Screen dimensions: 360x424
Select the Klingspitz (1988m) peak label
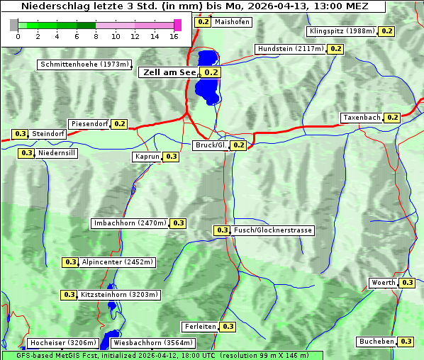pos(342,31)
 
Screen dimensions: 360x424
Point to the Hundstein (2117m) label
pos(291,49)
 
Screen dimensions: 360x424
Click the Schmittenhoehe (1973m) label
pos(84,64)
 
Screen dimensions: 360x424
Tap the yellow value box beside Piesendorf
pos(119,124)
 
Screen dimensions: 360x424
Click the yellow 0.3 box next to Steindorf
pos(20,134)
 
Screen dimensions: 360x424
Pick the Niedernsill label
pos(57,153)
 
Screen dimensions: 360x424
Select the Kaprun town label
pos(147,157)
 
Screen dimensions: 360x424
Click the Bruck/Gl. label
pos(211,145)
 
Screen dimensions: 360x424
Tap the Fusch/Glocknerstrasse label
pos(272,230)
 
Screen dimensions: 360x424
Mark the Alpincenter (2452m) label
pos(117,262)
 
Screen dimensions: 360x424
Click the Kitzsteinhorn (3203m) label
pos(119,295)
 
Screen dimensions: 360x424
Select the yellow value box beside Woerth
pos(407,283)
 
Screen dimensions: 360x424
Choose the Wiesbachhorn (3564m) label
pos(152,343)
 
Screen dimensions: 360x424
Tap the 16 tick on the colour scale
pos(174,36)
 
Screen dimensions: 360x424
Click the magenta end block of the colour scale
pos(177,25)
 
